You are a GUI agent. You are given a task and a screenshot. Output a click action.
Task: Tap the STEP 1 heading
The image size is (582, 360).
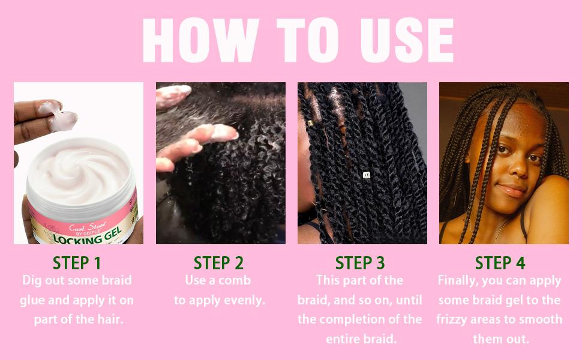pyautogui.click(x=77, y=263)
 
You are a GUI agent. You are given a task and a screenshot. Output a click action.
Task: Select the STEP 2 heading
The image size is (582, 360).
pyautogui.click(x=218, y=263)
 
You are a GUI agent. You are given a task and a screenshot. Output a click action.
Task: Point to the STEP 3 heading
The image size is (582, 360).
pyautogui.click(x=360, y=263)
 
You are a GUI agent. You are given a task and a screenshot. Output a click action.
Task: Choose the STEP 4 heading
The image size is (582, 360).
pyautogui.click(x=500, y=263)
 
